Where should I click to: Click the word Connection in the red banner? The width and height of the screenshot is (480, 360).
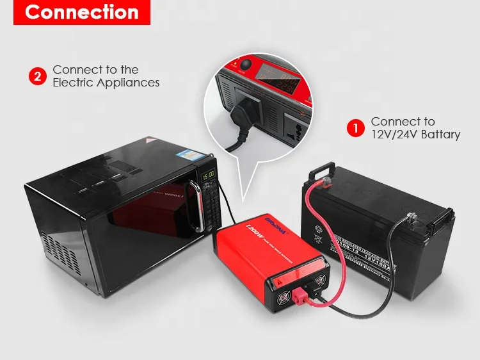pos(81,13)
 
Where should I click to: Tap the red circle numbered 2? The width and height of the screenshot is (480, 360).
pos(38,77)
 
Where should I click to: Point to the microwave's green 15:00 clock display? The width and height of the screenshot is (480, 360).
pos(208,175)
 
